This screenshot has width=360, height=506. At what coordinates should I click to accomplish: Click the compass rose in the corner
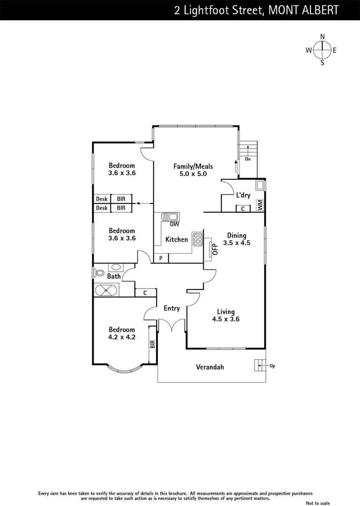tap(322, 50)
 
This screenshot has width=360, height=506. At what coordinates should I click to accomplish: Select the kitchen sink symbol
tap(170, 216)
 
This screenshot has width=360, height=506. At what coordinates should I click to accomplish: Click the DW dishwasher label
tap(174, 224)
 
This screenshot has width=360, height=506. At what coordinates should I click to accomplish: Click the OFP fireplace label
tap(215, 249)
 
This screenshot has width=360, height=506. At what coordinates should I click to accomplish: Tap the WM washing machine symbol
tap(260, 205)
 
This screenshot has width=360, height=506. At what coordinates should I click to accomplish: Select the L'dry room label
tap(243, 195)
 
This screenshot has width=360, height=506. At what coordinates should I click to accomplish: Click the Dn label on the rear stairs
tap(248, 159)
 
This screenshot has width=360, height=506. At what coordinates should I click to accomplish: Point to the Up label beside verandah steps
tap(272, 365)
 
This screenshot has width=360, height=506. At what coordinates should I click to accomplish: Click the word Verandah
tap(210, 367)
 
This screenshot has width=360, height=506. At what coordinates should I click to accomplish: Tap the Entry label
tap(172, 308)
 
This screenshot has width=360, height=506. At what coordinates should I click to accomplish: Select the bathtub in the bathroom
tap(106, 291)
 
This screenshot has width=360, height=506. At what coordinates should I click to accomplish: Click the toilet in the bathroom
tap(99, 273)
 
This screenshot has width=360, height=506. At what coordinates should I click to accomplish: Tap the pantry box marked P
tap(161, 258)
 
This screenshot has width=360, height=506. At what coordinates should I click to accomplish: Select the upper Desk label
tap(102, 199)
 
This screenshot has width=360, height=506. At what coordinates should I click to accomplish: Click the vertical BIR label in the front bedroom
tap(152, 344)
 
